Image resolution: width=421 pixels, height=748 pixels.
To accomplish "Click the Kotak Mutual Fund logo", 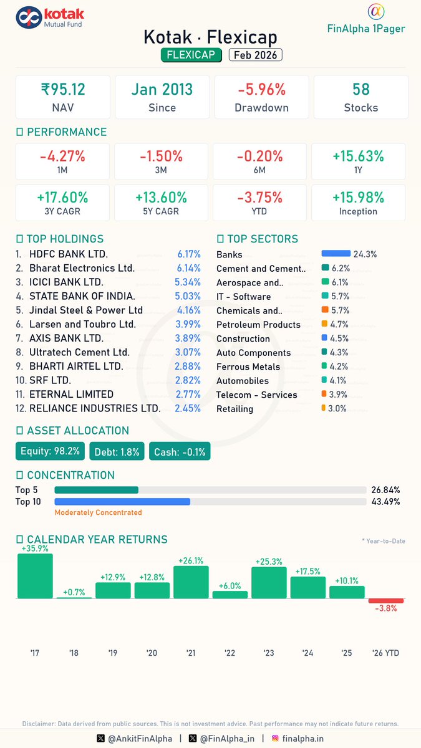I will click(49, 18).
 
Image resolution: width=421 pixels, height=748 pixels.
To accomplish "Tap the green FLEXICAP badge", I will click(191, 55).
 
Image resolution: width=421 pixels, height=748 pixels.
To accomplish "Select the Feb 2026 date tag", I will click(256, 55).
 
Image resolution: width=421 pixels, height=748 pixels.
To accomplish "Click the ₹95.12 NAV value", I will click(62, 89).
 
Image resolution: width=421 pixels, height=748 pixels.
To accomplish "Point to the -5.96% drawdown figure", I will click(261, 89).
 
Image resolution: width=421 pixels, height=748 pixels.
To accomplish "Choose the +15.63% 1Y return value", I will click(358, 156).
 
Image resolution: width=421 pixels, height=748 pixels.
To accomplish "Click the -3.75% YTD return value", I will click(259, 197).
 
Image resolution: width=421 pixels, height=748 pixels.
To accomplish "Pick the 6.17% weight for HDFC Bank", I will click(189, 254).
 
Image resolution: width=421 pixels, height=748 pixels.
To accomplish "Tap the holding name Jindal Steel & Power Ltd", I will click(86, 310).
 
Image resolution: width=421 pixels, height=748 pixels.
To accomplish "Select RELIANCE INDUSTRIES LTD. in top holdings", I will click(95, 409).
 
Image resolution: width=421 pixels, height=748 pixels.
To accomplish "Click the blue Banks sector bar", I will click(336, 254).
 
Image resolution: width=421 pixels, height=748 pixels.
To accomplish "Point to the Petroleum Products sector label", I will click(258, 325).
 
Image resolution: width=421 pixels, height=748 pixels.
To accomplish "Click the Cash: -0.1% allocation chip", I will click(180, 451).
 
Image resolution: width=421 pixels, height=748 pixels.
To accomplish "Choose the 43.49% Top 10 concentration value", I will click(385, 502).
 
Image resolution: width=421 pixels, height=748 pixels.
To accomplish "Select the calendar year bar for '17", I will click(35, 576).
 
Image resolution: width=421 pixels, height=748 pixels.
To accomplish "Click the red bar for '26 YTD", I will click(386, 601).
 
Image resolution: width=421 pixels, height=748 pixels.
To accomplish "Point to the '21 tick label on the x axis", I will click(191, 653).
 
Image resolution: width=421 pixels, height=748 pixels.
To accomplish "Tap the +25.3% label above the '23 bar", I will click(269, 562).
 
